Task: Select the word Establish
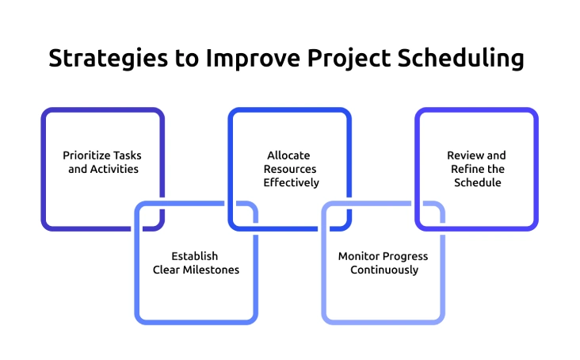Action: click(x=195, y=256)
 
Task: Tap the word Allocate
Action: click(x=288, y=155)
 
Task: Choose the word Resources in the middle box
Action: click(x=290, y=169)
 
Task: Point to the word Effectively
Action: click(x=291, y=182)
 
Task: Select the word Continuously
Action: click(x=384, y=270)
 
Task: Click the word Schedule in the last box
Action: click(x=477, y=182)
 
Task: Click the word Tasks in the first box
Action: click(x=129, y=155)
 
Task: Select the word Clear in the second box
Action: click(x=166, y=270)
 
